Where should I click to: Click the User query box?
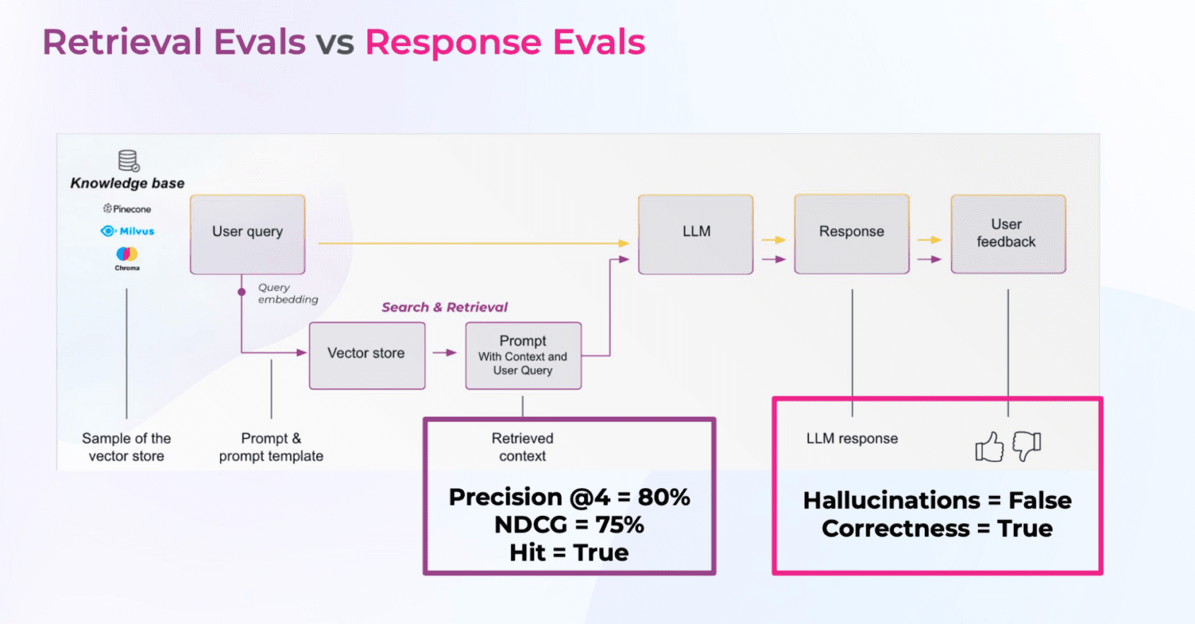click(x=247, y=234)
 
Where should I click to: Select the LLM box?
click(x=696, y=234)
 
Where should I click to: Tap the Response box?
click(x=851, y=234)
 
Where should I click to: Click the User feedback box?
click(x=1008, y=234)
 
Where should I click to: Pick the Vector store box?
click(x=367, y=355)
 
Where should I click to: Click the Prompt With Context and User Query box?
click(x=523, y=355)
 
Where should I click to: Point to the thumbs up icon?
click(x=989, y=447)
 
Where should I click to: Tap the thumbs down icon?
click(x=1027, y=446)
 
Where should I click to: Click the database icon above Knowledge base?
click(x=129, y=160)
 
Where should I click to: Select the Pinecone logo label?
click(x=127, y=208)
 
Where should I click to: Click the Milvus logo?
click(x=127, y=231)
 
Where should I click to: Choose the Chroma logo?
click(x=127, y=257)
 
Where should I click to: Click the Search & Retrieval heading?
click(x=445, y=307)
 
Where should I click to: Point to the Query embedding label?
click(x=287, y=293)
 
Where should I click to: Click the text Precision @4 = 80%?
click(x=569, y=497)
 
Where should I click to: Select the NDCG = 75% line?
click(x=569, y=525)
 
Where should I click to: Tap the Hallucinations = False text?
click(x=937, y=500)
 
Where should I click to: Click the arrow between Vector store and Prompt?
click(x=445, y=353)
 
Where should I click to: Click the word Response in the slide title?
click(x=453, y=42)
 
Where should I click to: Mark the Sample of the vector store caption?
click(x=127, y=447)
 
